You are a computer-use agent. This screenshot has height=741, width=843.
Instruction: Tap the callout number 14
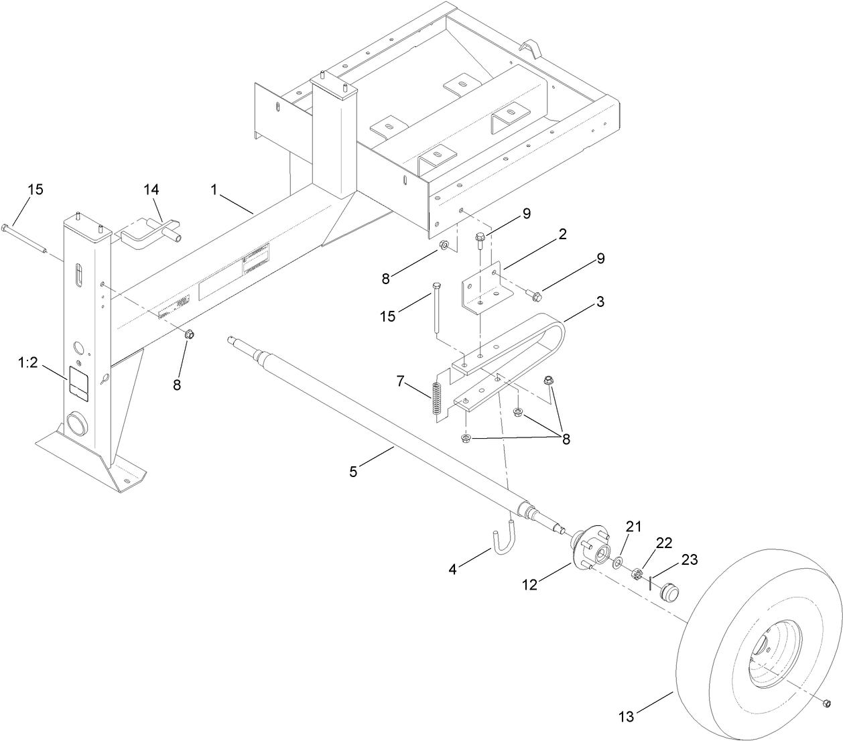click(152, 190)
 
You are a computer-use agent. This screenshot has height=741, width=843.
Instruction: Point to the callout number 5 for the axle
click(353, 472)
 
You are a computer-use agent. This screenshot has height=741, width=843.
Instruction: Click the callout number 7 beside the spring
click(401, 381)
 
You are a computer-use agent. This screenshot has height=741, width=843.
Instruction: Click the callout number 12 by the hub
click(529, 584)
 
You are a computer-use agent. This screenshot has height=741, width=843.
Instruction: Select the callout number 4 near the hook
click(454, 570)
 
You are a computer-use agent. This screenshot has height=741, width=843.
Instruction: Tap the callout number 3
click(600, 301)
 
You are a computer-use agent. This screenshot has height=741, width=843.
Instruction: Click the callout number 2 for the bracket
click(562, 234)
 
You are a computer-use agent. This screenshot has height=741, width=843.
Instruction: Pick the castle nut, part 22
click(637, 574)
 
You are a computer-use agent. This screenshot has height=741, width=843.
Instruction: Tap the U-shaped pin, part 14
click(151, 232)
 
